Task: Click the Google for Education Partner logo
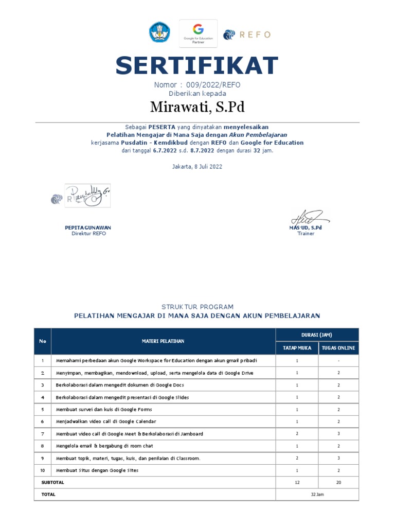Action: tap(198, 33)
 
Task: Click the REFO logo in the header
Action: tap(246, 34)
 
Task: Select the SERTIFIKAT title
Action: tap(197, 66)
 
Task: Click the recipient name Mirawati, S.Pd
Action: tap(197, 107)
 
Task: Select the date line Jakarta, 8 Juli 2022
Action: tap(197, 167)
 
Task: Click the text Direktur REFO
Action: tap(88, 234)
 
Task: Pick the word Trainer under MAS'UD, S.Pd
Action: tap(306, 234)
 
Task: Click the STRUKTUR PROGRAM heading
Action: tap(197, 307)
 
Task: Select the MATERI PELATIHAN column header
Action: tap(163, 341)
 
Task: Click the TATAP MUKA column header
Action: tap(297, 348)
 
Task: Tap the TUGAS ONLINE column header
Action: tap(338, 348)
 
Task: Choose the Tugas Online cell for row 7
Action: tap(338, 434)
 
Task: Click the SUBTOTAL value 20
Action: tap(338, 482)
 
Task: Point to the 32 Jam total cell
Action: tap(317, 494)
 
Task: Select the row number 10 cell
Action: tap(43, 470)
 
